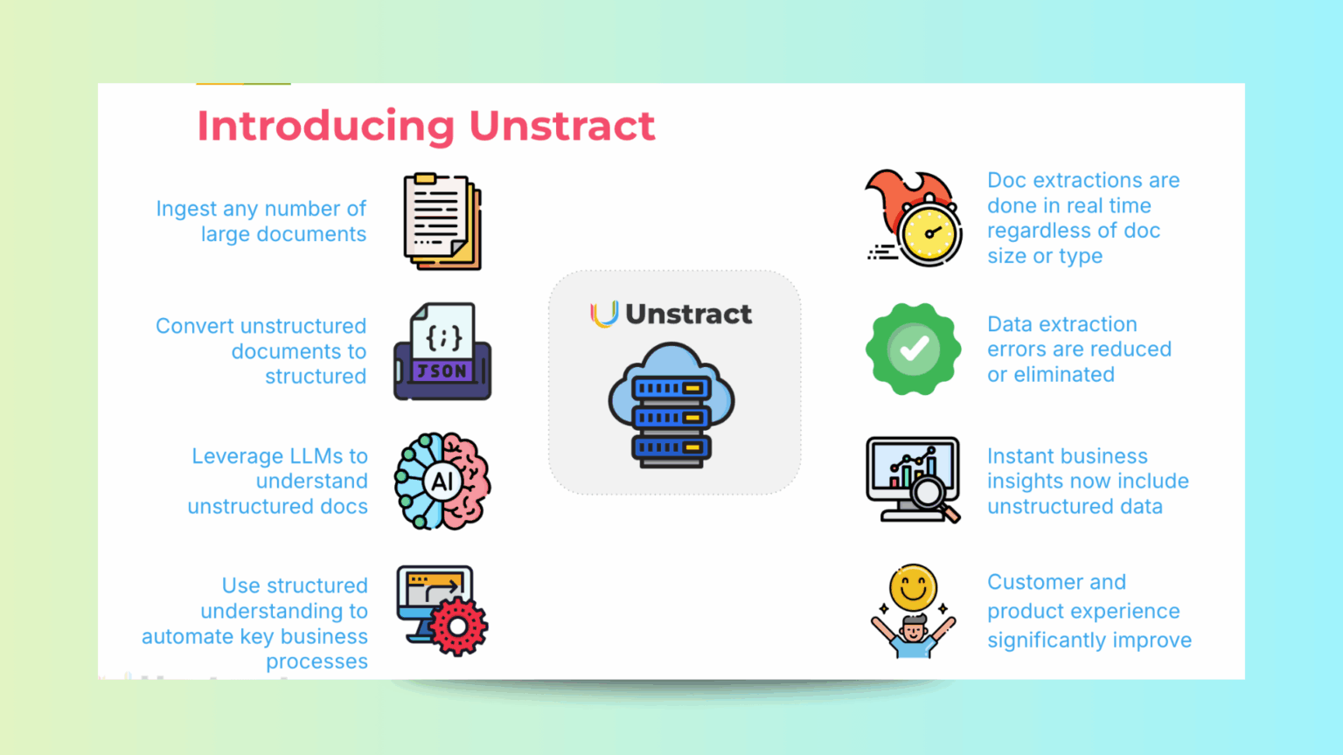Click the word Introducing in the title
click(x=326, y=126)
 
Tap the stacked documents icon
click(x=443, y=221)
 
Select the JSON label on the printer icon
click(x=442, y=371)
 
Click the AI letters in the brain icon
click(x=442, y=481)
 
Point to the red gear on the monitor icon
click(x=459, y=627)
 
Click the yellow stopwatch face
click(x=929, y=233)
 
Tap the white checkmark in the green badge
click(x=915, y=349)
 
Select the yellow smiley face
click(x=913, y=586)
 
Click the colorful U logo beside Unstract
click(x=604, y=314)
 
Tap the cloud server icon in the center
click(x=671, y=405)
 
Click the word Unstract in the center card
click(x=688, y=314)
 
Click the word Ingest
click(x=186, y=209)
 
